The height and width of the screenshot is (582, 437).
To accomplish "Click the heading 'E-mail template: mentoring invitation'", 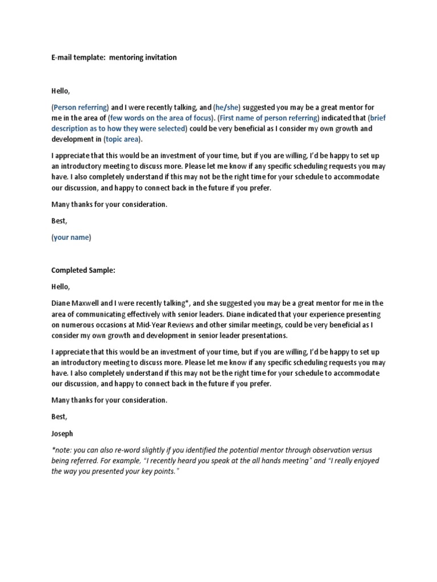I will pos(114,57).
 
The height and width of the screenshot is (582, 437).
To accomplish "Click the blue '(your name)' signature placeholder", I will pos(71,238).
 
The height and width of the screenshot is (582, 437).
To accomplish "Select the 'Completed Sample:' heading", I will pos(83,271).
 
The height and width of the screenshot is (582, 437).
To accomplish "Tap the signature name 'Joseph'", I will pos(62,434).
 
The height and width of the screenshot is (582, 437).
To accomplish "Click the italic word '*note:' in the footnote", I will pos(60,450).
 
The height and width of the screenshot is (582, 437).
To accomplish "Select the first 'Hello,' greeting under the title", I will pos(61,90).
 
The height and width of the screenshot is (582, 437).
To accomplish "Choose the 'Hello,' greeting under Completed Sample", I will pos(61,287).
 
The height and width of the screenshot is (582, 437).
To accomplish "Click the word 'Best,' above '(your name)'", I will pos(59,221).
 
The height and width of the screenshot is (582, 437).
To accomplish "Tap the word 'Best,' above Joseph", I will pos(59,417).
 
